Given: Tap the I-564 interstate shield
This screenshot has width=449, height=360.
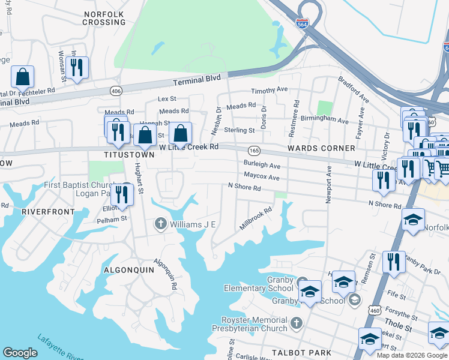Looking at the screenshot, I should point(302,23).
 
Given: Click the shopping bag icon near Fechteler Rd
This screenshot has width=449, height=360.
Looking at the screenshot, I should point(22,77).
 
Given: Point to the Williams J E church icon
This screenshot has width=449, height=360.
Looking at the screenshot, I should point(160,224).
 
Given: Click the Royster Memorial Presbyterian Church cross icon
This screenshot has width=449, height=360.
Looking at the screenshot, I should point(295,324).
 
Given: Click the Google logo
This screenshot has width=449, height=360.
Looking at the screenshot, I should point(20,353).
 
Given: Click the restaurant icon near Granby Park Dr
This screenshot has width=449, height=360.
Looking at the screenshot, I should point(394,262).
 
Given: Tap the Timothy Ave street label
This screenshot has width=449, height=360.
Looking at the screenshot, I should point(270,90).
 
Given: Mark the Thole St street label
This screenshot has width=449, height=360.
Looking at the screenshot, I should point(399,329).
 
